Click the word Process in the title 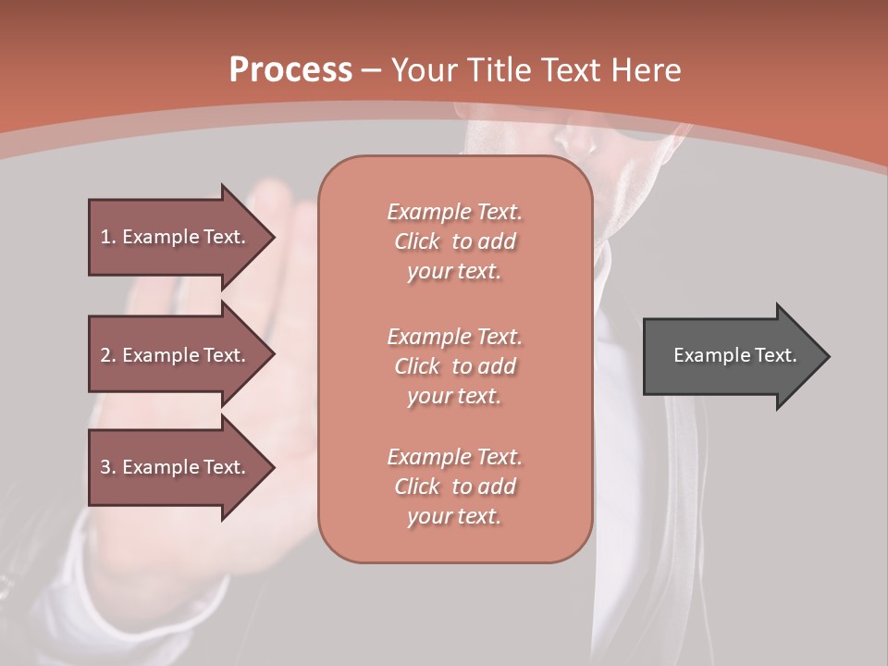tap(290, 70)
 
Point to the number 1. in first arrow tap(108, 237)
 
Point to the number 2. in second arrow tap(108, 355)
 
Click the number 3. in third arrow tap(108, 467)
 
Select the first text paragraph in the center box tap(454, 241)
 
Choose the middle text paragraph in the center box tap(454, 366)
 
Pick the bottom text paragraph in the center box tap(454, 487)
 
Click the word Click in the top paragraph tap(417, 241)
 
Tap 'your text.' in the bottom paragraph tap(454, 516)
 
